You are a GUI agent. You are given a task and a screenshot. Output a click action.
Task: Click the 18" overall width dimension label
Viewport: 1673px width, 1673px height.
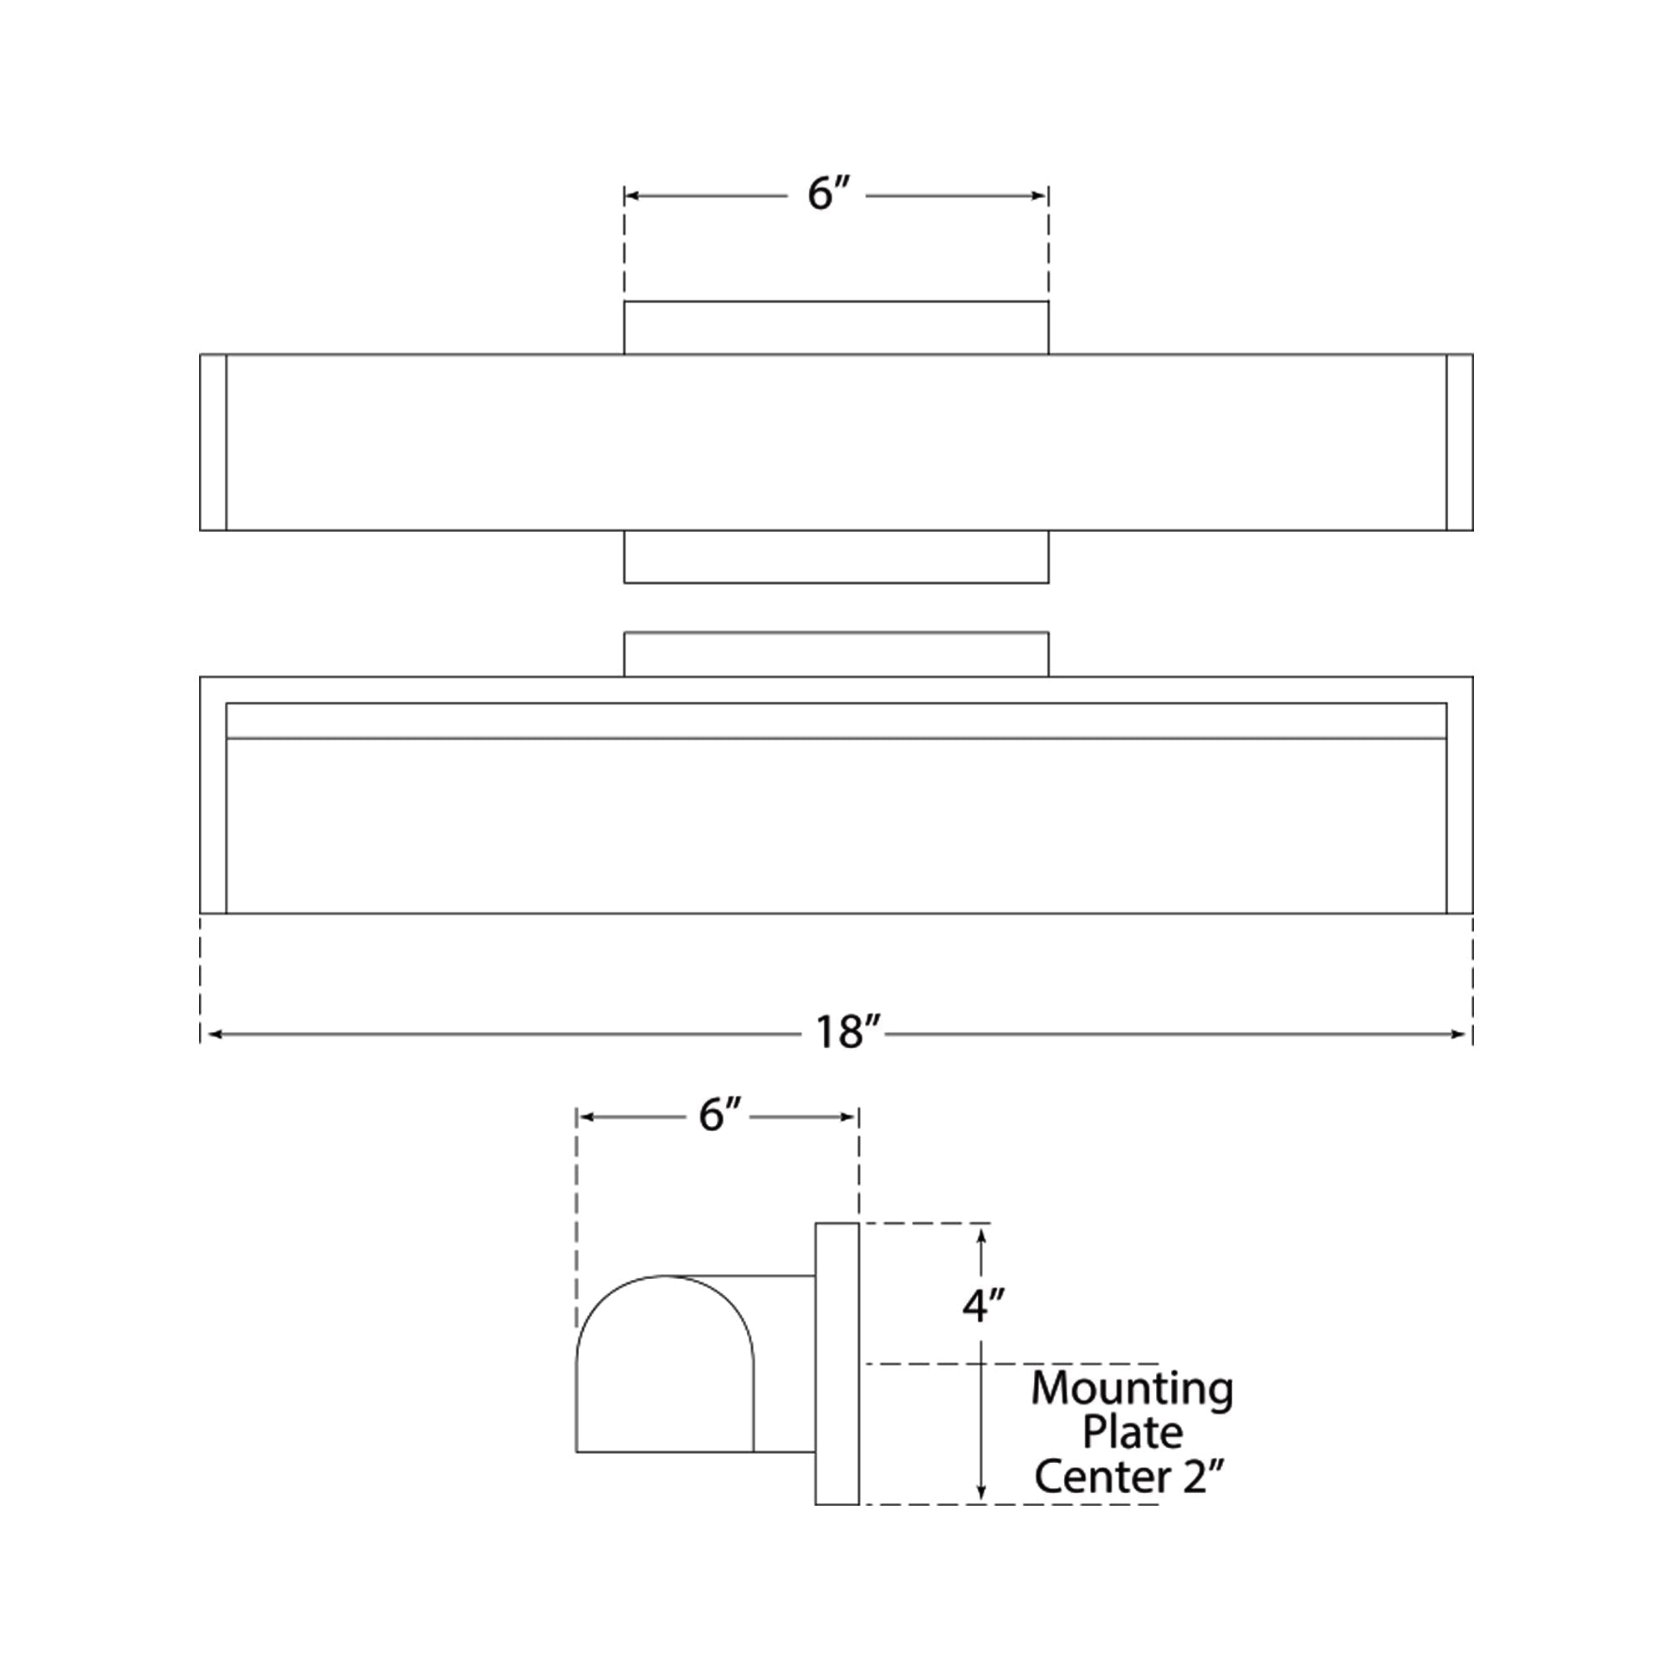pyautogui.click(x=847, y=1032)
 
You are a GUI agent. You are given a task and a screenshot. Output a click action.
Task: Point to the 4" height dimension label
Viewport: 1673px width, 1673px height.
pyautogui.click(x=983, y=1328)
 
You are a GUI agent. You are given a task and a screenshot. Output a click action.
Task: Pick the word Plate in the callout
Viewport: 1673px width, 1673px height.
pyautogui.click(x=1132, y=1432)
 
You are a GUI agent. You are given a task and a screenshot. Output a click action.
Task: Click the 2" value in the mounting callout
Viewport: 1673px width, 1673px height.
pyautogui.click(x=1206, y=1477)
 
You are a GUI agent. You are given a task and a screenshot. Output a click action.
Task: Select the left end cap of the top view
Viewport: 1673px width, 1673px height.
pyautogui.click(x=213, y=442)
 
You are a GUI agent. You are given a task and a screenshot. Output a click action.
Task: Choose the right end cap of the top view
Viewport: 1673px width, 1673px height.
pyautogui.click(x=1460, y=442)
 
